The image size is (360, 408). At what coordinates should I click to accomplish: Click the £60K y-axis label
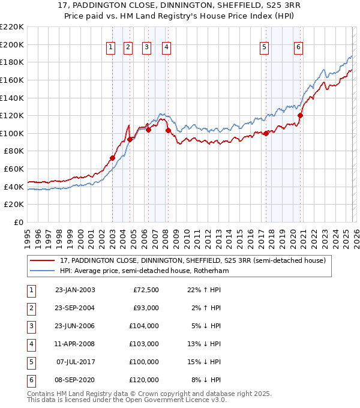click(x=14, y=169)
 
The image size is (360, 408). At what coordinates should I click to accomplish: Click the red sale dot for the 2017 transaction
click(x=266, y=134)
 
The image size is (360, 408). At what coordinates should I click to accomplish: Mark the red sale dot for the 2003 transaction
click(x=112, y=158)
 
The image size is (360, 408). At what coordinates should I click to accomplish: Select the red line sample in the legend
click(x=43, y=261)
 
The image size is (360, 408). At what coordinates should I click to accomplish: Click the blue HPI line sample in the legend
click(x=43, y=271)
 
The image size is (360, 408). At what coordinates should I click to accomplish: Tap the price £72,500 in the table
click(x=145, y=290)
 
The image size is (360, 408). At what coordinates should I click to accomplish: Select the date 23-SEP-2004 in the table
click(x=74, y=308)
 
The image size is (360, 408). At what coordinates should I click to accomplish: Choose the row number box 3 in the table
click(x=31, y=326)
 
